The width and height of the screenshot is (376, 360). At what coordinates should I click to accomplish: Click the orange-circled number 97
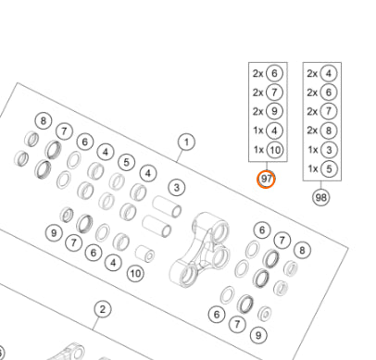click(x=266, y=179)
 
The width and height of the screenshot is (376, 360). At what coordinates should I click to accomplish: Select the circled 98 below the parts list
click(x=320, y=197)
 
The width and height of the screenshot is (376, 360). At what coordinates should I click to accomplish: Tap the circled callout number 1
click(x=186, y=143)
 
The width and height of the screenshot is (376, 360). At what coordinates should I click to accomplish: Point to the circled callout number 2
click(x=103, y=309)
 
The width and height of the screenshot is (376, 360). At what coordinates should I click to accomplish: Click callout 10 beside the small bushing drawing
click(x=136, y=273)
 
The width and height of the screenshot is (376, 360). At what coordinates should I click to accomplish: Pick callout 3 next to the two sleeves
click(x=177, y=188)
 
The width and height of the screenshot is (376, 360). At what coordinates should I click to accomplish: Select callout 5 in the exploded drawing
click(x=126, y=162)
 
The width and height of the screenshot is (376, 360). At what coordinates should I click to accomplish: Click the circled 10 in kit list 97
click(x=275, y=150)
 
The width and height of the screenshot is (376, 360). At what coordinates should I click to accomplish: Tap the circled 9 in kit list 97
click(x=274, y=111)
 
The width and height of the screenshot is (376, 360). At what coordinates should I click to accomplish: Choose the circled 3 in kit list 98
click(x=329, y=150)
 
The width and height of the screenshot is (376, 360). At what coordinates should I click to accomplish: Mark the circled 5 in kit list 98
click(x=329, y=168)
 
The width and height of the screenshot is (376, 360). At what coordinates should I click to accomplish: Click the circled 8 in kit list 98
click(x=329, y=130)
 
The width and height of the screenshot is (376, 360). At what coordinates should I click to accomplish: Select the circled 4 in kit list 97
click(x=274, y=130)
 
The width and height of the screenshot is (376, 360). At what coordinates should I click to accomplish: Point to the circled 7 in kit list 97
click(x=274, y=93)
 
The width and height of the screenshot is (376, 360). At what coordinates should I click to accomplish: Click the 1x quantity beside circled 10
click(x=258, y=150)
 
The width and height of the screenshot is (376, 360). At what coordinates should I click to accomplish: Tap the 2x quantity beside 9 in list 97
click(x=258, y=111)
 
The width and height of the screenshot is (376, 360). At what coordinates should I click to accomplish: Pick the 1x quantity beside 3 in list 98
click(x=313, y=150)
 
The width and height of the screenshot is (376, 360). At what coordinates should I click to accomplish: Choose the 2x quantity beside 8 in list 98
click(x=312, y=130)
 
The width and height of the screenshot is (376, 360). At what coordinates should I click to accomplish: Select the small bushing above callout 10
click(x=145, y=254)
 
